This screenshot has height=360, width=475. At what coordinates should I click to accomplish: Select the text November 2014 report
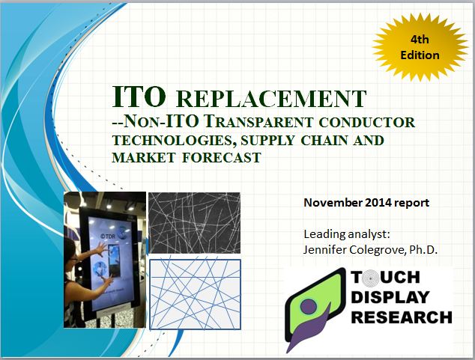(x=366, y=203)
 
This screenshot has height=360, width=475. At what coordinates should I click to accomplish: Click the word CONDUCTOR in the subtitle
(x=374, y=122)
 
